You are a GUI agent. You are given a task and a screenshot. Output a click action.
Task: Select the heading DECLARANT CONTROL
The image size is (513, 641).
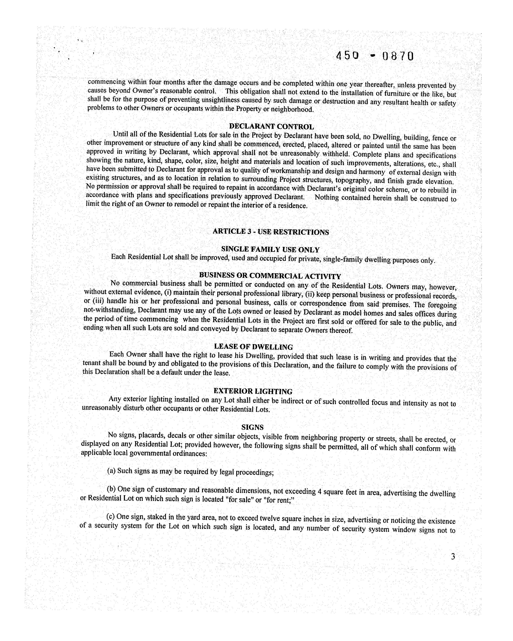tap(271, 127)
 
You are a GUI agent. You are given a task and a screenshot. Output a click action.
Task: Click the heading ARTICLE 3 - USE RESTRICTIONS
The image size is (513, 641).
tap(271, 232)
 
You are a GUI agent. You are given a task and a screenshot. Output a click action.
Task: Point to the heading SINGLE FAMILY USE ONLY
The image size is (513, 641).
tap(270, 249)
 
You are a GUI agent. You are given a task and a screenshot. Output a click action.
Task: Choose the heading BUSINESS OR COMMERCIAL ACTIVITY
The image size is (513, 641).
tap(270, 276)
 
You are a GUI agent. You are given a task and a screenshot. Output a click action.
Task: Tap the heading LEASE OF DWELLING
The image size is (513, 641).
tap(253, 347)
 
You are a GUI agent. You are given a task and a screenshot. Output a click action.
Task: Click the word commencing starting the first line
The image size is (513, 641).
tap(106, 82)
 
